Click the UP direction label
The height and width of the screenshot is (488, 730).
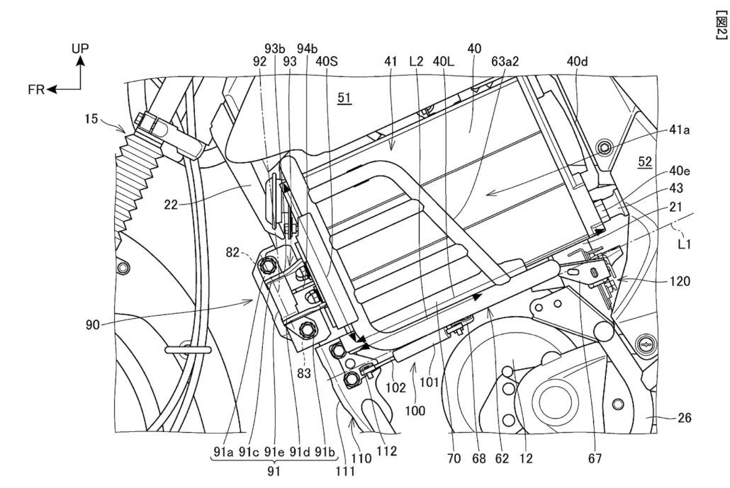[x=80, y=48]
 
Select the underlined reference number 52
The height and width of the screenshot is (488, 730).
[x=644, y=161]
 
